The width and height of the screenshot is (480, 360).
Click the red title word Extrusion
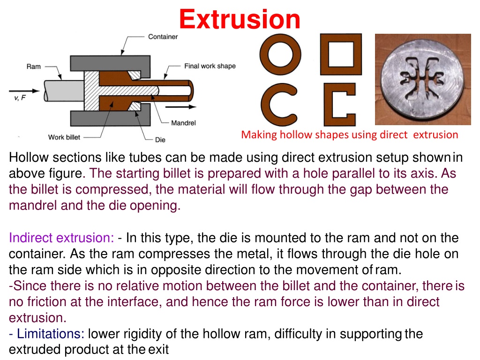(x=240, y=19)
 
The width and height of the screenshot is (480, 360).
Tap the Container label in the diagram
(x=163, y=37)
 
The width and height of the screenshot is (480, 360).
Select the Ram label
(x=33, y=67)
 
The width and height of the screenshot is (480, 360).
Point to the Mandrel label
(x=183, y=123)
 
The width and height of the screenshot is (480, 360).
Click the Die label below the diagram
(x=160, y=140)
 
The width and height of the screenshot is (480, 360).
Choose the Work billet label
(x=64, y=137)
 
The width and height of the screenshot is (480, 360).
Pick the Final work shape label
(x=210, y=66)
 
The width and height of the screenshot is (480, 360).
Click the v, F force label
(x=20, y=98)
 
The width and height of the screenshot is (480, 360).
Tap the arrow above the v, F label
(x=24, y=91)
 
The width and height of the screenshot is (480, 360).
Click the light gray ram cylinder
(x=64, y=90)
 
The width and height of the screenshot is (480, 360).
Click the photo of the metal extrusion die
(x=423, y=79)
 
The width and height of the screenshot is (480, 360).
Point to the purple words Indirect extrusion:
(x=61, y=238)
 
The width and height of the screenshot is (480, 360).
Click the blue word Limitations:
(x=51, y=334)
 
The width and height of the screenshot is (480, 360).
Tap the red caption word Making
(x=259, y=135)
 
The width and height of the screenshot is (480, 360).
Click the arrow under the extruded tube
(x=180, y=107)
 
